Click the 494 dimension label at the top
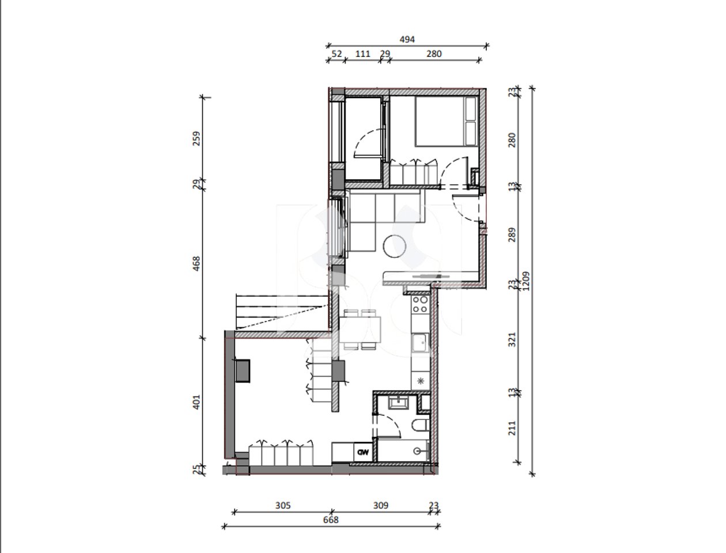(407, 40)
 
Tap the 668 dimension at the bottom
(331, 520)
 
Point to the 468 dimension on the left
(196, 264)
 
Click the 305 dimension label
(282, 506)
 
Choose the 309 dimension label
(380, 506)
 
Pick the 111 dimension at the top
(362, 54)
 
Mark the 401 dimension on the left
(196, 402)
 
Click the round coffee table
(396, 247)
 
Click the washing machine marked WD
(363, 452)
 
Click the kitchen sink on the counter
(419, 343)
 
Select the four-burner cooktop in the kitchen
(420, 304)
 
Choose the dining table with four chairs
(359, 330)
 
